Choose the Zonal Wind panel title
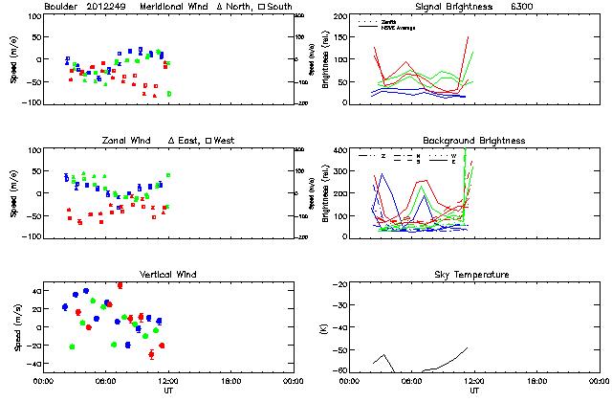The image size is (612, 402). point(129,141)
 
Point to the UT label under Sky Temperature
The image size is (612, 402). point(474,391)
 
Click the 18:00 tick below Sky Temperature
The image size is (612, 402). point(536,381)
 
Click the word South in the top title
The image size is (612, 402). point(282,7)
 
